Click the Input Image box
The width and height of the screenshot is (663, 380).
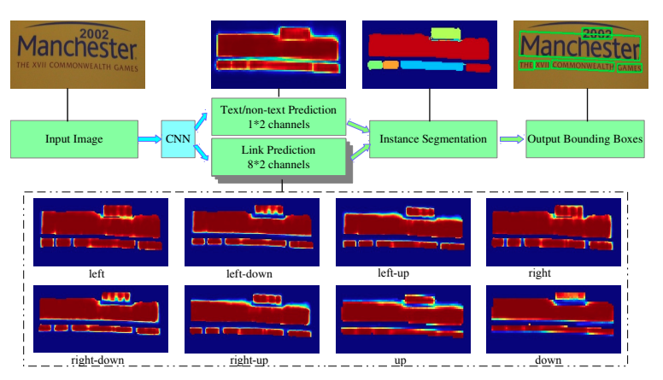[75, 138]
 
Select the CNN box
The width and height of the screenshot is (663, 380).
[179, 138]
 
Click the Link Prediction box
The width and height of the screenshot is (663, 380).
[279, 157]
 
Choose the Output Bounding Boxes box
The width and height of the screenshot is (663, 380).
[585, 138]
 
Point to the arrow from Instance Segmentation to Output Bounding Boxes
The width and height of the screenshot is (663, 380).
[511, 138]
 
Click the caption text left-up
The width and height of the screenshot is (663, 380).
[397, 274]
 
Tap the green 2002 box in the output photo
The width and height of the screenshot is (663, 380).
[596, 33]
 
